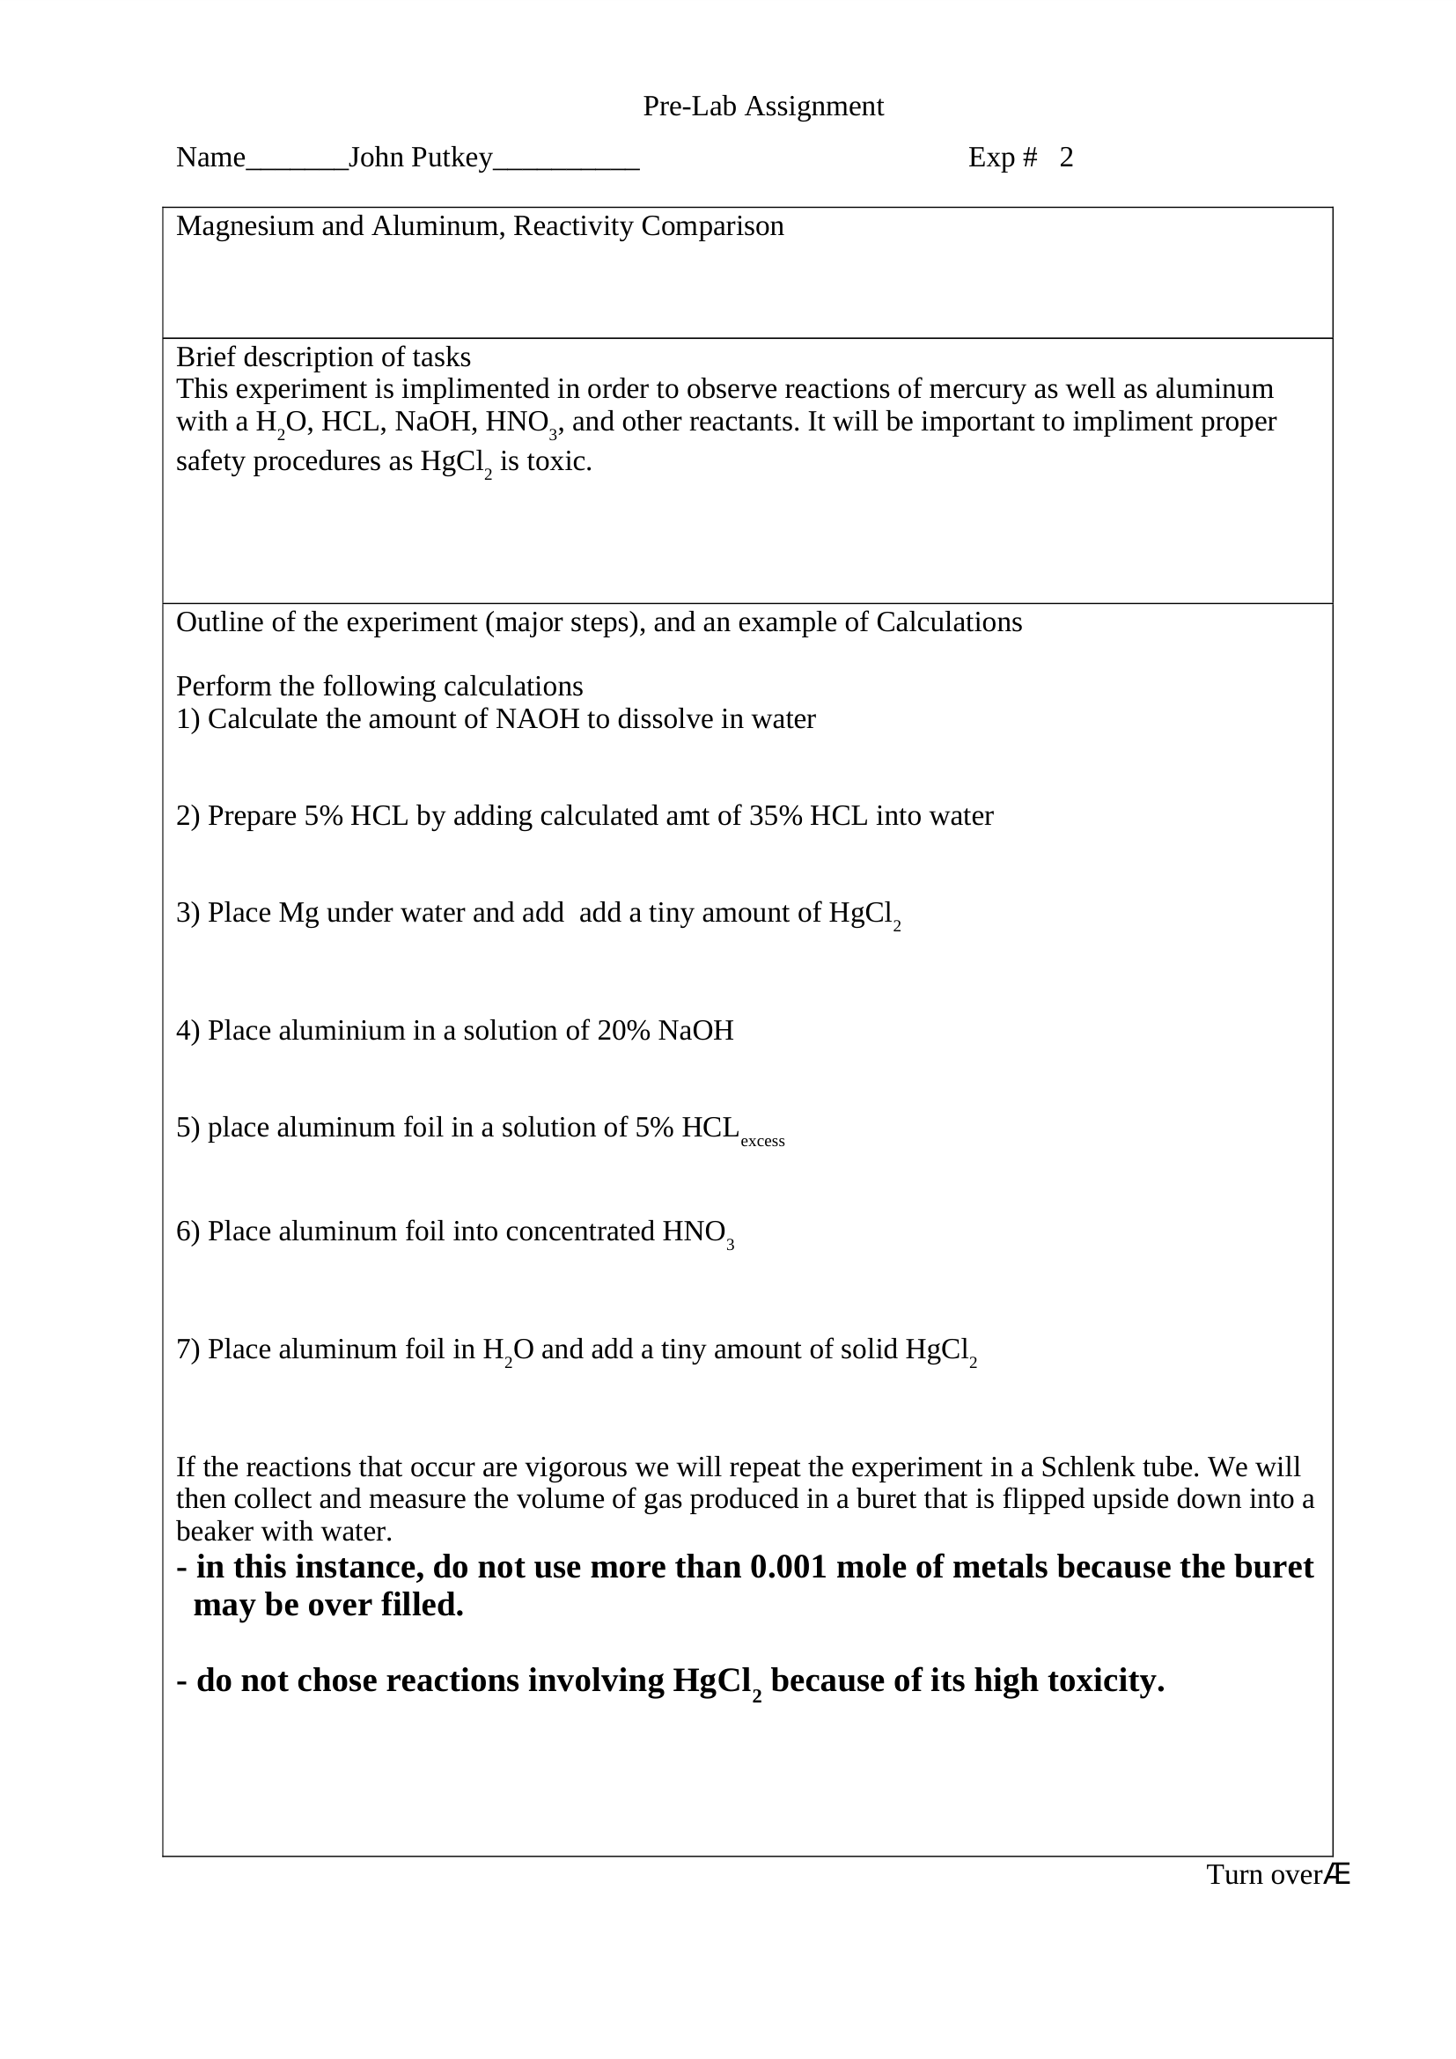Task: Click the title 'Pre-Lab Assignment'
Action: coord(763,107)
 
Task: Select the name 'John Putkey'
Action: coord(421,158)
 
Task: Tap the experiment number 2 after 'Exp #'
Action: coord(1066,158)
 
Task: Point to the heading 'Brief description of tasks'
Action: coord(323,357)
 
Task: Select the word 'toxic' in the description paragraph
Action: coord(563,462)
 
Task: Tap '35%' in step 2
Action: coord(775,816)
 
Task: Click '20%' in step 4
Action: coord(623,1031)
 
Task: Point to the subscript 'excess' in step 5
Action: coord(762,1142)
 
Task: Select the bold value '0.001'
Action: coord(787,1567)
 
